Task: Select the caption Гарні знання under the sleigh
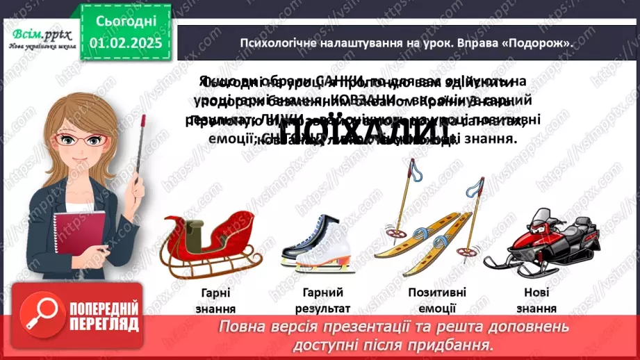212,301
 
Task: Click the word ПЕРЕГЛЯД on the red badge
105,324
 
